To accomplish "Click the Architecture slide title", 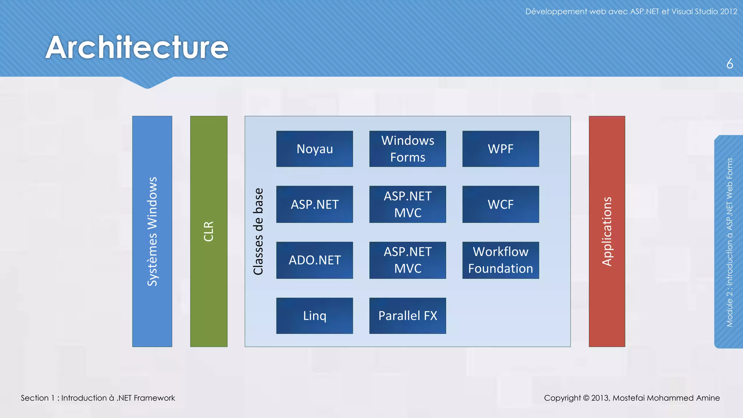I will click(137, 47).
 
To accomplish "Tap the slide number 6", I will click(730, 64).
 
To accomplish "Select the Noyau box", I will click(314, 149).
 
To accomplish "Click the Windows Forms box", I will click(407, 149).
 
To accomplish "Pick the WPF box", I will click(500, 149).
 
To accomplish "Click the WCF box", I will click(500, 204).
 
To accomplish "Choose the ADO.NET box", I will click(314, 260).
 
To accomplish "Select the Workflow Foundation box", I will click(500, 260).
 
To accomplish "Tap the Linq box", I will click(314, 316).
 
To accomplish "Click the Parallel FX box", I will click(407, 316).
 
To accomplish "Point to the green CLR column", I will click(209, 231).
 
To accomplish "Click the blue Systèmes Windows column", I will click(152, 231).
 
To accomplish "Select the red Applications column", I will click(607, 231).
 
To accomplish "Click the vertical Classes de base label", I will click(258, 231).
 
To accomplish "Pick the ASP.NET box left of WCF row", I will click(314, 204).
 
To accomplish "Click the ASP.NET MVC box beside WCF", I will click(407, 204).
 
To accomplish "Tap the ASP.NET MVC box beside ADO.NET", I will click(407, 260).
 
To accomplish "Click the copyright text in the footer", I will click(632, 398).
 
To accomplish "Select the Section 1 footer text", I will click(98, 398).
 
